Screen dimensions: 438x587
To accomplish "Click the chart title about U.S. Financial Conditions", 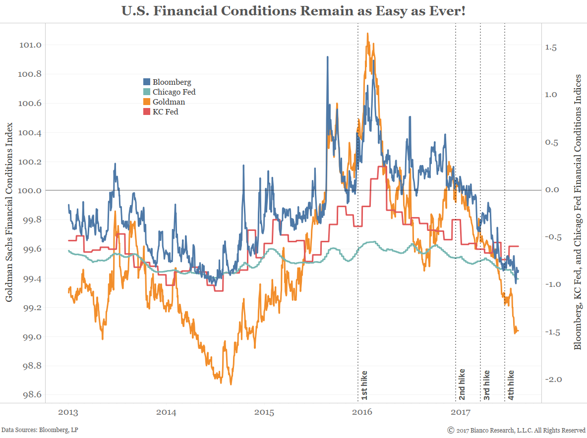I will [293, 10].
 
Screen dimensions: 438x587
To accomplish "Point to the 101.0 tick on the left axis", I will [31, 45].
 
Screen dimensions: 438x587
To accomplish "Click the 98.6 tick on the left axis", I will [31, 395].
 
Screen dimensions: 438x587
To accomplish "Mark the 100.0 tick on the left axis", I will [31, 191].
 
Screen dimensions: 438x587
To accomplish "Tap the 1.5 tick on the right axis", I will [551, 48].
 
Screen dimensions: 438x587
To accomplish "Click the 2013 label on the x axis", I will [68, 412].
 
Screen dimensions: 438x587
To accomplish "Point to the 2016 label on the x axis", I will [364, 412].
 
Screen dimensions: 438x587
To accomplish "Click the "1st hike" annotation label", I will [364, 385].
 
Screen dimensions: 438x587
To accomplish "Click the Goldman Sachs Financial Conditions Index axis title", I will [9, 212].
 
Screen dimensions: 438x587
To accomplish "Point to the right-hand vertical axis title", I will [578, 212].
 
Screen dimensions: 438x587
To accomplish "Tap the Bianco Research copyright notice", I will [516, 430].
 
